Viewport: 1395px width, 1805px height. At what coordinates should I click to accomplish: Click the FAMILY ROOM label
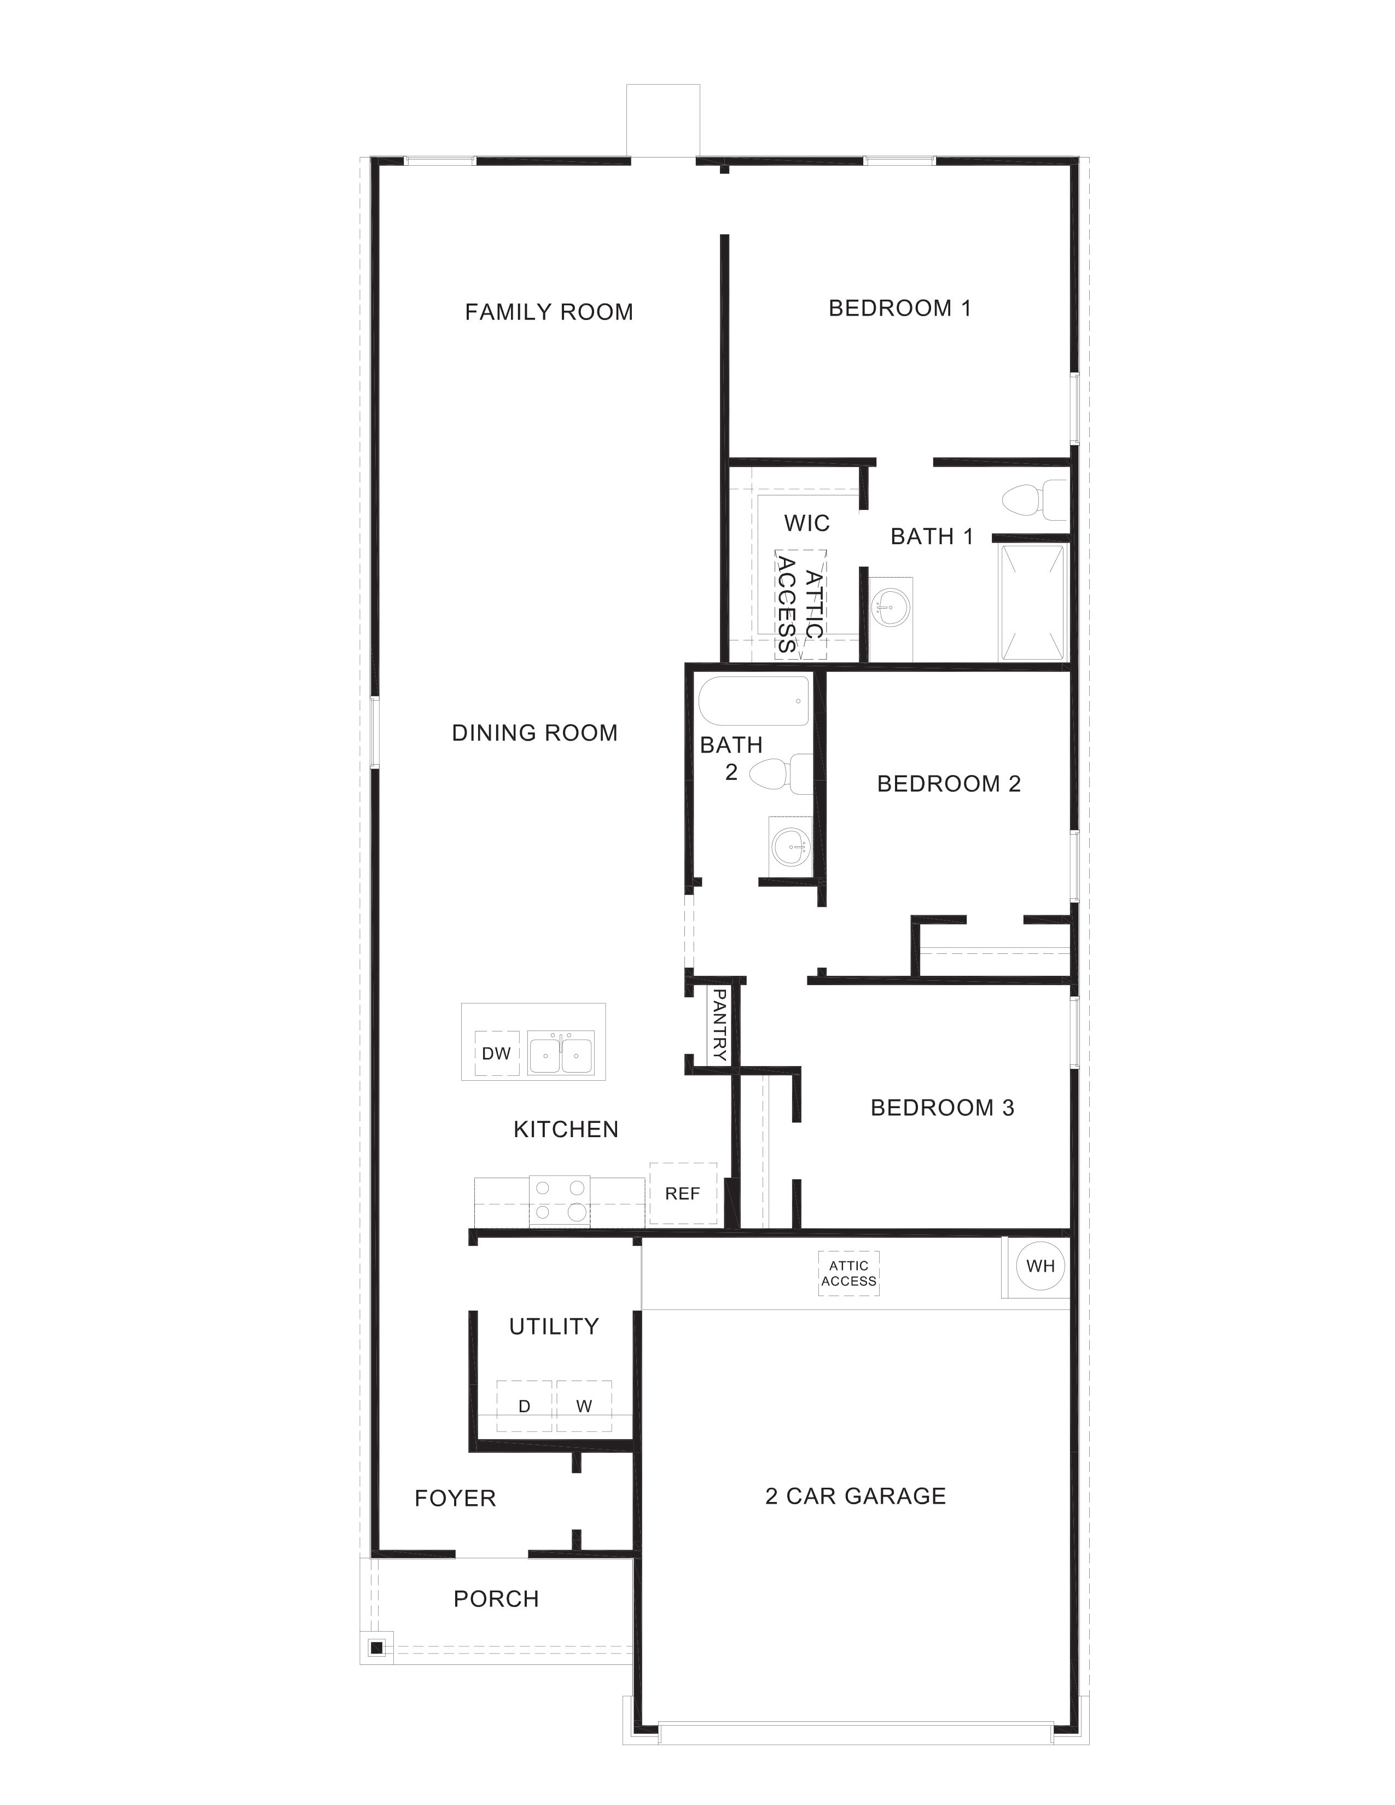point(549,312)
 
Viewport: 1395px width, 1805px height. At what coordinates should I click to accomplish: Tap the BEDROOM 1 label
point(899,308)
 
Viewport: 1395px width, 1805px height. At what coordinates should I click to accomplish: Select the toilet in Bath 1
point(1033,500)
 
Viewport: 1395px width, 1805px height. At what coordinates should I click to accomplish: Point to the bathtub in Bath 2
point(754,701)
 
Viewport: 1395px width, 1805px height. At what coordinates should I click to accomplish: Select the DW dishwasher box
point(497,1053)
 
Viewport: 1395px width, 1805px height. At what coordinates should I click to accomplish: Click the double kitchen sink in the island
point(561,1052)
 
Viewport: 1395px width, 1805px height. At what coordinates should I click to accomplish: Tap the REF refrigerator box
point(683,1192)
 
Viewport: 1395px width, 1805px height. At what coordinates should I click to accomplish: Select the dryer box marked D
point(524,1406)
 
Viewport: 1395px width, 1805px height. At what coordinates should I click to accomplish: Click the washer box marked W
point(584,1406)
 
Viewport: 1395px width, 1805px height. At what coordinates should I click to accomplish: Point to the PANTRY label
point(718,1025)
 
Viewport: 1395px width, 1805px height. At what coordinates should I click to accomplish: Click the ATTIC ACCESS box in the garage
point(848,1273)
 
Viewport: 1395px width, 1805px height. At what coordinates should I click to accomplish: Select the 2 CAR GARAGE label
point(856,1496)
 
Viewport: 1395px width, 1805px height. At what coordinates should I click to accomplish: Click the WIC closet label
point(806,523)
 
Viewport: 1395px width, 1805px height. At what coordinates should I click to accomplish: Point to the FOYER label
point(455,1498)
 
